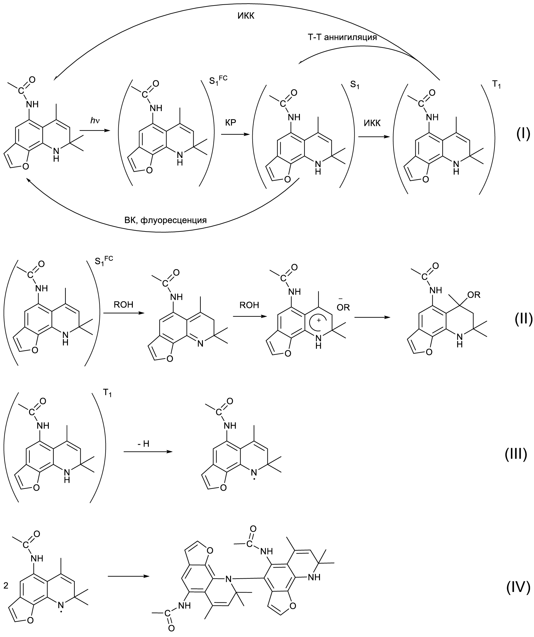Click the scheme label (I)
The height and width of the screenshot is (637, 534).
coord(523,134)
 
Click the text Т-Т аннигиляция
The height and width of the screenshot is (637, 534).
coord(340,37)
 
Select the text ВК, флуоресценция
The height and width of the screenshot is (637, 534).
coord(165,220)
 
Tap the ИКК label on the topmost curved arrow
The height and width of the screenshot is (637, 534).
coord(246,16)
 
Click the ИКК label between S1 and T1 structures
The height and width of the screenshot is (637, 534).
coord(372,123)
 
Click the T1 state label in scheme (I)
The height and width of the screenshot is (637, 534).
coord(495,85)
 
